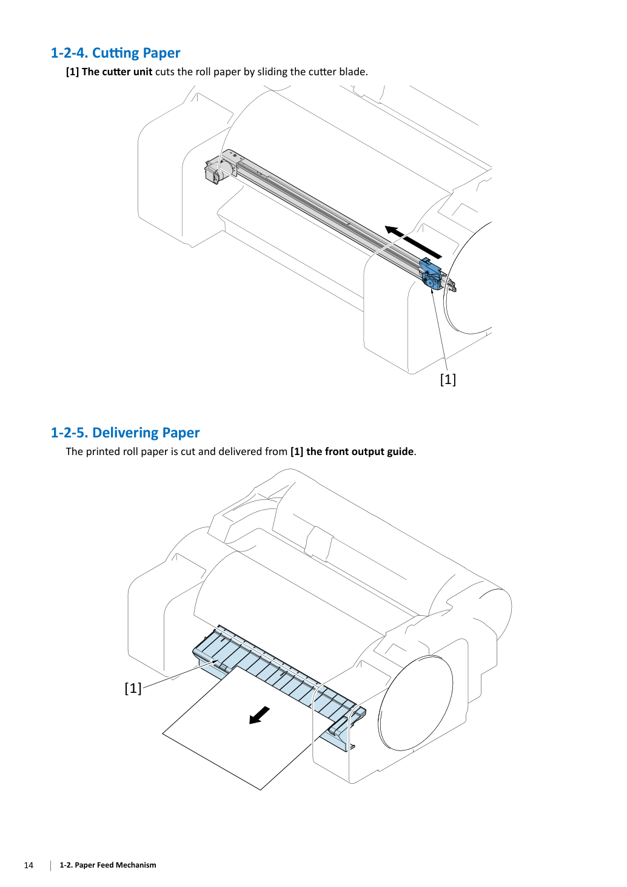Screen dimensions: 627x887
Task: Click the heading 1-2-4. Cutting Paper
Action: [x=115, y=53]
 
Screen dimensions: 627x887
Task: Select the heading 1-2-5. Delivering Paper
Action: [x=125, y=433]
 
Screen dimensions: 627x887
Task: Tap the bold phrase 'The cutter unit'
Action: [x=117, y=72]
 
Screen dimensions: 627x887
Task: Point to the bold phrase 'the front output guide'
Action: [x=360, y=451]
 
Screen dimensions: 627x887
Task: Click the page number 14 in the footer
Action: [x=29, y=865]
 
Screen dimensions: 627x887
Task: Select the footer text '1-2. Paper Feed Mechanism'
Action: [x=108, y=865]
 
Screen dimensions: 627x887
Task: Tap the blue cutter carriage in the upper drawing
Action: [x=431, y=274]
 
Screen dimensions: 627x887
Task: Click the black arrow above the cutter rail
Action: [x=413, y=241]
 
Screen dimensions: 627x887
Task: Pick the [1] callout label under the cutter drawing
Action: [x=448, y=379]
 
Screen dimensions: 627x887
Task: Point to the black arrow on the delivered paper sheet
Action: [x=260, y=715]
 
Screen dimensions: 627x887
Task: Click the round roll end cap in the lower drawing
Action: [x=415, y=703]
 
